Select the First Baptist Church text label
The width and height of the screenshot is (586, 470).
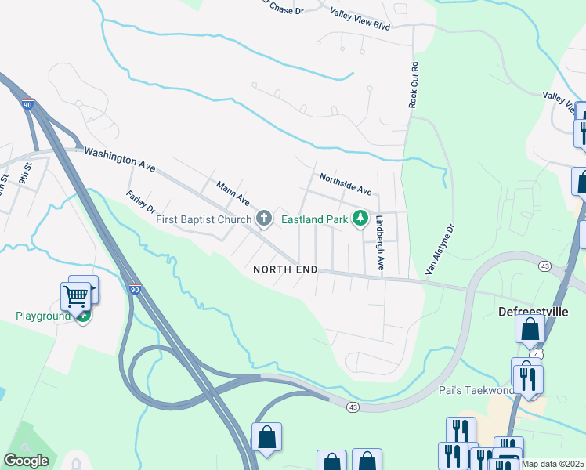204,220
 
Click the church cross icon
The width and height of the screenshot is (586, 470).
264,219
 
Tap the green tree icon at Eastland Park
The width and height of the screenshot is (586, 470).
360,219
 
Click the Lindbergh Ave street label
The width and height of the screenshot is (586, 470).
379,243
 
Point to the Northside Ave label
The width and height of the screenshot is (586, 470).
345,185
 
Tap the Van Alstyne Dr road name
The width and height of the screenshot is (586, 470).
440,250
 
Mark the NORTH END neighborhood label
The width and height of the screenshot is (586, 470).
285,269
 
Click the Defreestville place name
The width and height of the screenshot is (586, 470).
532,311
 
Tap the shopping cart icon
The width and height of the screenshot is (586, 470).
76,296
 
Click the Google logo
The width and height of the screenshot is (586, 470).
27,461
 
